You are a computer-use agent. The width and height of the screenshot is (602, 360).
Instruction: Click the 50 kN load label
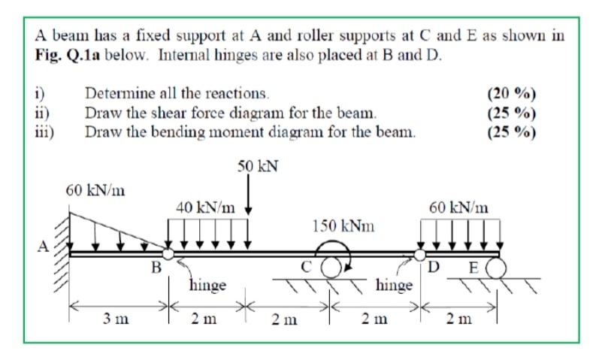click(258, 165)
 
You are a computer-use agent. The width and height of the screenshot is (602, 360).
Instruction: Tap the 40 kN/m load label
click(204, 205)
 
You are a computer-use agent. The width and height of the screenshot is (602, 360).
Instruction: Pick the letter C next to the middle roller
click(305, 265)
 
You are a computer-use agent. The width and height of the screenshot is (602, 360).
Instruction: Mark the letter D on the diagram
click(433, 266)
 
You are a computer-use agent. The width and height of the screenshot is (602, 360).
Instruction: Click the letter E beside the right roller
click(473, 266)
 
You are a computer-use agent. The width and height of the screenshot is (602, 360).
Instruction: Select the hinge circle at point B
click(169, 255)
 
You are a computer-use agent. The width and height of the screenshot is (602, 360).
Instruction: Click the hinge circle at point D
click(419, 255)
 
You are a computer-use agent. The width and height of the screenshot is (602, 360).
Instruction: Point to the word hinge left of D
click(392, 286)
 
